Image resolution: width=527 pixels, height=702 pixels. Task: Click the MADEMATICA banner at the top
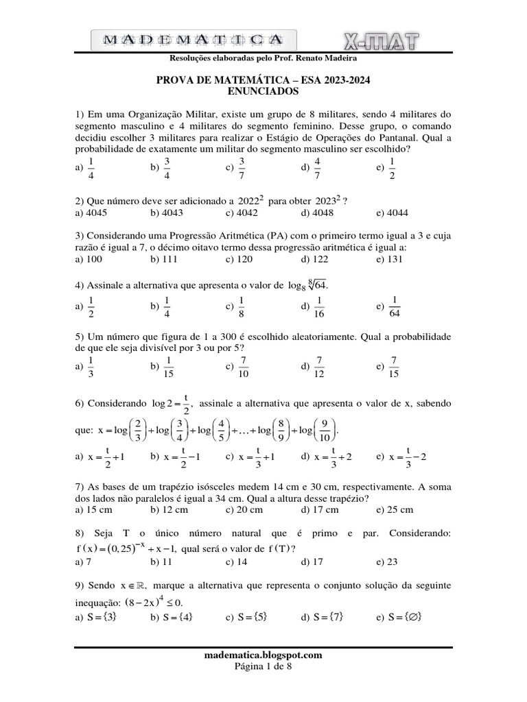(x=194, y=39)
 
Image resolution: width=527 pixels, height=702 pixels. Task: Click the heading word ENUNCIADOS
(x=263, y=92)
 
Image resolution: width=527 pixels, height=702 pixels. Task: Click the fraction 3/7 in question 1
(x=242, y=167)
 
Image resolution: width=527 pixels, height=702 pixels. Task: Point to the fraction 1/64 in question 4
(x=395, y=306)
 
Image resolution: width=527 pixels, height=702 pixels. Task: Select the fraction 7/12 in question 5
(x=320, y=367)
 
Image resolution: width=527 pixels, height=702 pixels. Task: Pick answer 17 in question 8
(x=317, y=561)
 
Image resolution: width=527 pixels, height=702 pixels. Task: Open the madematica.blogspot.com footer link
(x=263, y=655)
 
